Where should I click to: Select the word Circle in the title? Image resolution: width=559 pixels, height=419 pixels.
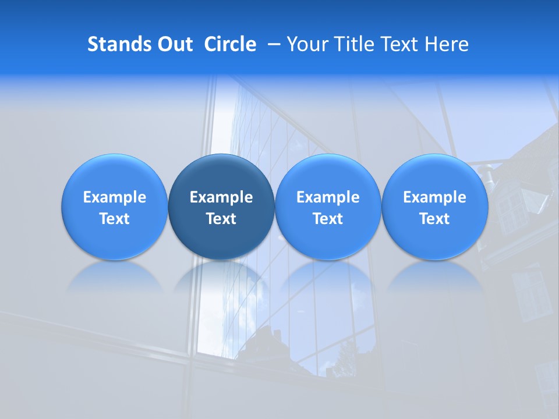(230, 44)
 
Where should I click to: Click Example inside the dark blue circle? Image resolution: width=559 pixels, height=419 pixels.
(221, 197)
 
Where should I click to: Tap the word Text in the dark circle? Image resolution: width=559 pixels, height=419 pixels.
(221, 219)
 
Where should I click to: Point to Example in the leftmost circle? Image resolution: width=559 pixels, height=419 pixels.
(114, 197)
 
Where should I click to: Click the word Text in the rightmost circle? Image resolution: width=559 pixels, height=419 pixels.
(435, 219)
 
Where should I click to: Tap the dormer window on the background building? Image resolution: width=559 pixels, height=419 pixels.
(512, 204)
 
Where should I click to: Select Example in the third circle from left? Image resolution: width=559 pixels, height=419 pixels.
(328, 197)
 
